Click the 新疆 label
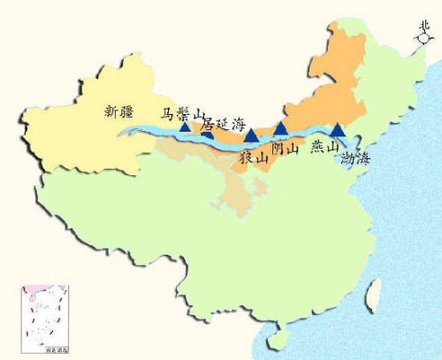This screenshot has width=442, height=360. click(x=123, y=111)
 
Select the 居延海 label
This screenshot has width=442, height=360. click(x=223, y=126)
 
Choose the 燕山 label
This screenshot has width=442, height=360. click(x=324, y=149)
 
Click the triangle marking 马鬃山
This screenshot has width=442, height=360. click(x=184, y=127)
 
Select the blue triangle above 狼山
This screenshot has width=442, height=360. click(x=250, y=135)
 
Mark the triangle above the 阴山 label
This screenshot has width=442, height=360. click(x=280, y=129)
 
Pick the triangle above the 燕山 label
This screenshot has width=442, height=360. click(x=336, y=129)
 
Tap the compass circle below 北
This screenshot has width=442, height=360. click(x=424, y=40)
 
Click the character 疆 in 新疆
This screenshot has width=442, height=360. click(x=133, y=111)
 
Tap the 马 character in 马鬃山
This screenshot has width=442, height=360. click(x=166, y=113)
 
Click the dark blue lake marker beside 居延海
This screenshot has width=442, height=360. click(x=206, y=134)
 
